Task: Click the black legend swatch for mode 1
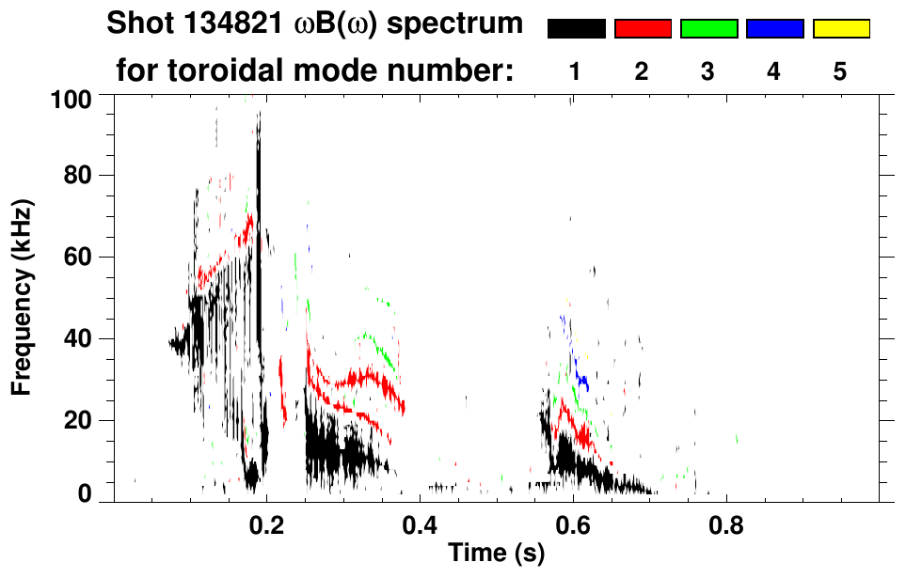(576, 29)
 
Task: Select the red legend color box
(643, 29)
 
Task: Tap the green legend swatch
(708, 29)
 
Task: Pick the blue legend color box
(774, 29)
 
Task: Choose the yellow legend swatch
(841, 29)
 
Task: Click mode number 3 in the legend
(707, 72)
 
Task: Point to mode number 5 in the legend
(840, 72)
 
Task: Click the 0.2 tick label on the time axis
(266, 523)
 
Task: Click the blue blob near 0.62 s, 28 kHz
(583, 382)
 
